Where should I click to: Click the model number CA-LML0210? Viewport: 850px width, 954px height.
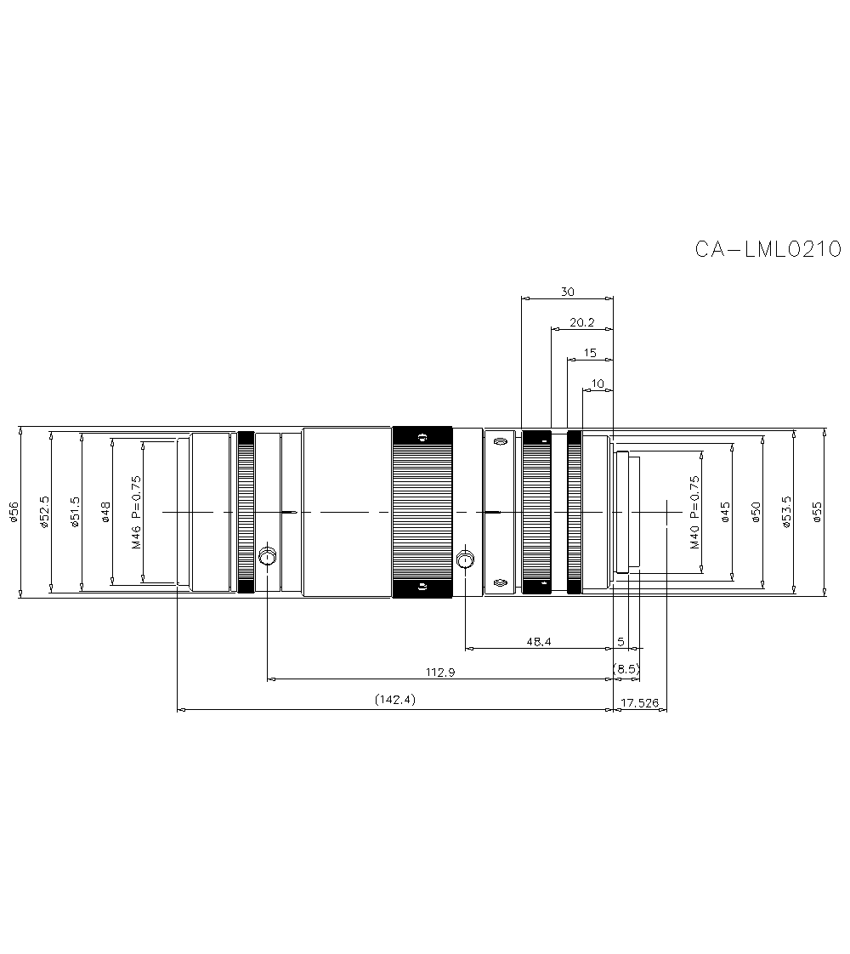[768, 249]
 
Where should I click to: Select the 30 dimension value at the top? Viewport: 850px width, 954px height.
[567, 292]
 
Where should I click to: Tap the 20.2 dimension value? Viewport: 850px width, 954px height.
[581, 322]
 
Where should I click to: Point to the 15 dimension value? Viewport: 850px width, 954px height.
[591, 352]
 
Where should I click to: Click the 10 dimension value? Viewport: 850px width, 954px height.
[598, 383]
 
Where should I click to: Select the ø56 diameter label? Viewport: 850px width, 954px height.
[14, 513]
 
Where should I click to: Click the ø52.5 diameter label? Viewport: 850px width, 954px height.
[45, 513]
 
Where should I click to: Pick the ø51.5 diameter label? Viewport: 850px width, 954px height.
[75, 513]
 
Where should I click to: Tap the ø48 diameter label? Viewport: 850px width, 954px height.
[105, 513]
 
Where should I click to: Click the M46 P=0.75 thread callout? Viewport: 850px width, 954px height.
[136, 513]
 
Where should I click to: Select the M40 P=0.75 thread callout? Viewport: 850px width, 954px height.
[694, 513]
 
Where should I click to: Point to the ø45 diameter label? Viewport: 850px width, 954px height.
[725, 513]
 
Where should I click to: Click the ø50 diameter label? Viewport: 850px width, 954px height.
[756, 513]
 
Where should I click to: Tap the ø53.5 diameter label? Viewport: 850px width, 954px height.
[786, 513]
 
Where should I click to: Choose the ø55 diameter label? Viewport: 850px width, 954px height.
[817, 513]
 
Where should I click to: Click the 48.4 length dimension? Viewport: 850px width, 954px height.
[539, 642]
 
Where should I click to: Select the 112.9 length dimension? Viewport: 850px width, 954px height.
[440, 673]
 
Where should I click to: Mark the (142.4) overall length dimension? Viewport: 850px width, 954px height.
[394, 701]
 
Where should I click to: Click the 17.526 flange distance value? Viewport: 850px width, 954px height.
[640, 703]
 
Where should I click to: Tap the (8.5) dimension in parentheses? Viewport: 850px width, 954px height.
[626, 669]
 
